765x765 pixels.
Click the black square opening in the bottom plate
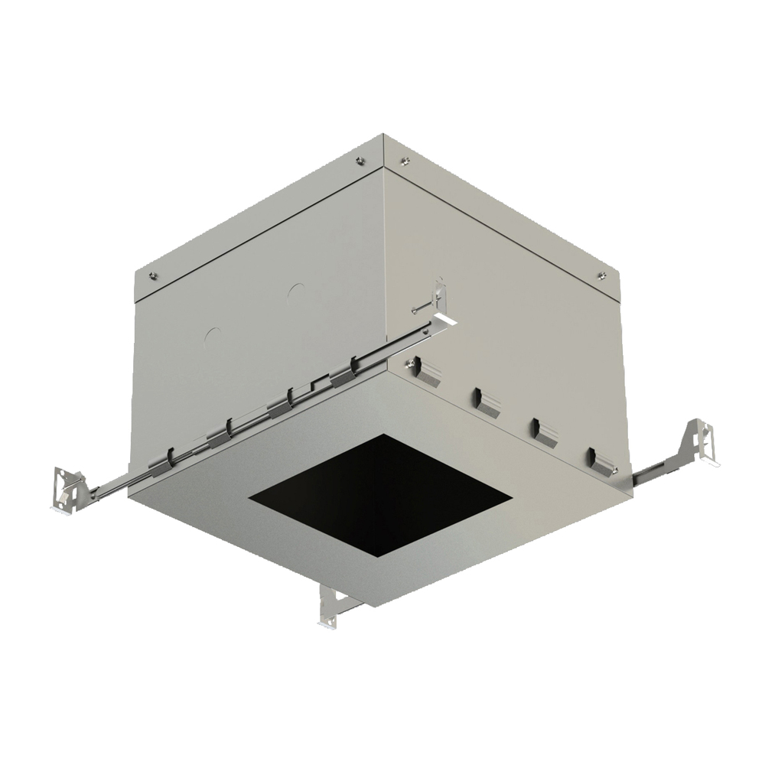click(380, 495)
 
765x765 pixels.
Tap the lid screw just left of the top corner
click(359, 161)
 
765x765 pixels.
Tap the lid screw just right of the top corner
click(405, 161)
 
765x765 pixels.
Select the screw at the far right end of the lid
click(601, 275)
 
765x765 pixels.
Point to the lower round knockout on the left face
click(213, 336)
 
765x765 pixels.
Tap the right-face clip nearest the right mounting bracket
click(601, 461)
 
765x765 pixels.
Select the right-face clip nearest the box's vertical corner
click(426, 374)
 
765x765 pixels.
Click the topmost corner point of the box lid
click(383, 136)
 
